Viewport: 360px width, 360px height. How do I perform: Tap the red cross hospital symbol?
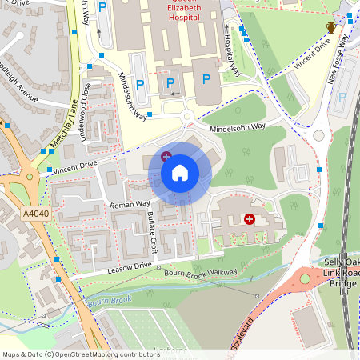click(250, 218)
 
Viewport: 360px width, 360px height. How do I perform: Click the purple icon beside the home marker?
click(166, 155)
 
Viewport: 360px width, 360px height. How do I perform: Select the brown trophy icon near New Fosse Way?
click(330, 28)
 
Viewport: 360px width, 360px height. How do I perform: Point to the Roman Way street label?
click(131, 205)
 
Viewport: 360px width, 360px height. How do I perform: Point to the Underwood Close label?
click(83, 121)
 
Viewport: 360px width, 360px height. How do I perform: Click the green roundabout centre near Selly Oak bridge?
click(305, 279)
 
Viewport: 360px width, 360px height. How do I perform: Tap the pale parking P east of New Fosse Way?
click(343, 98)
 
